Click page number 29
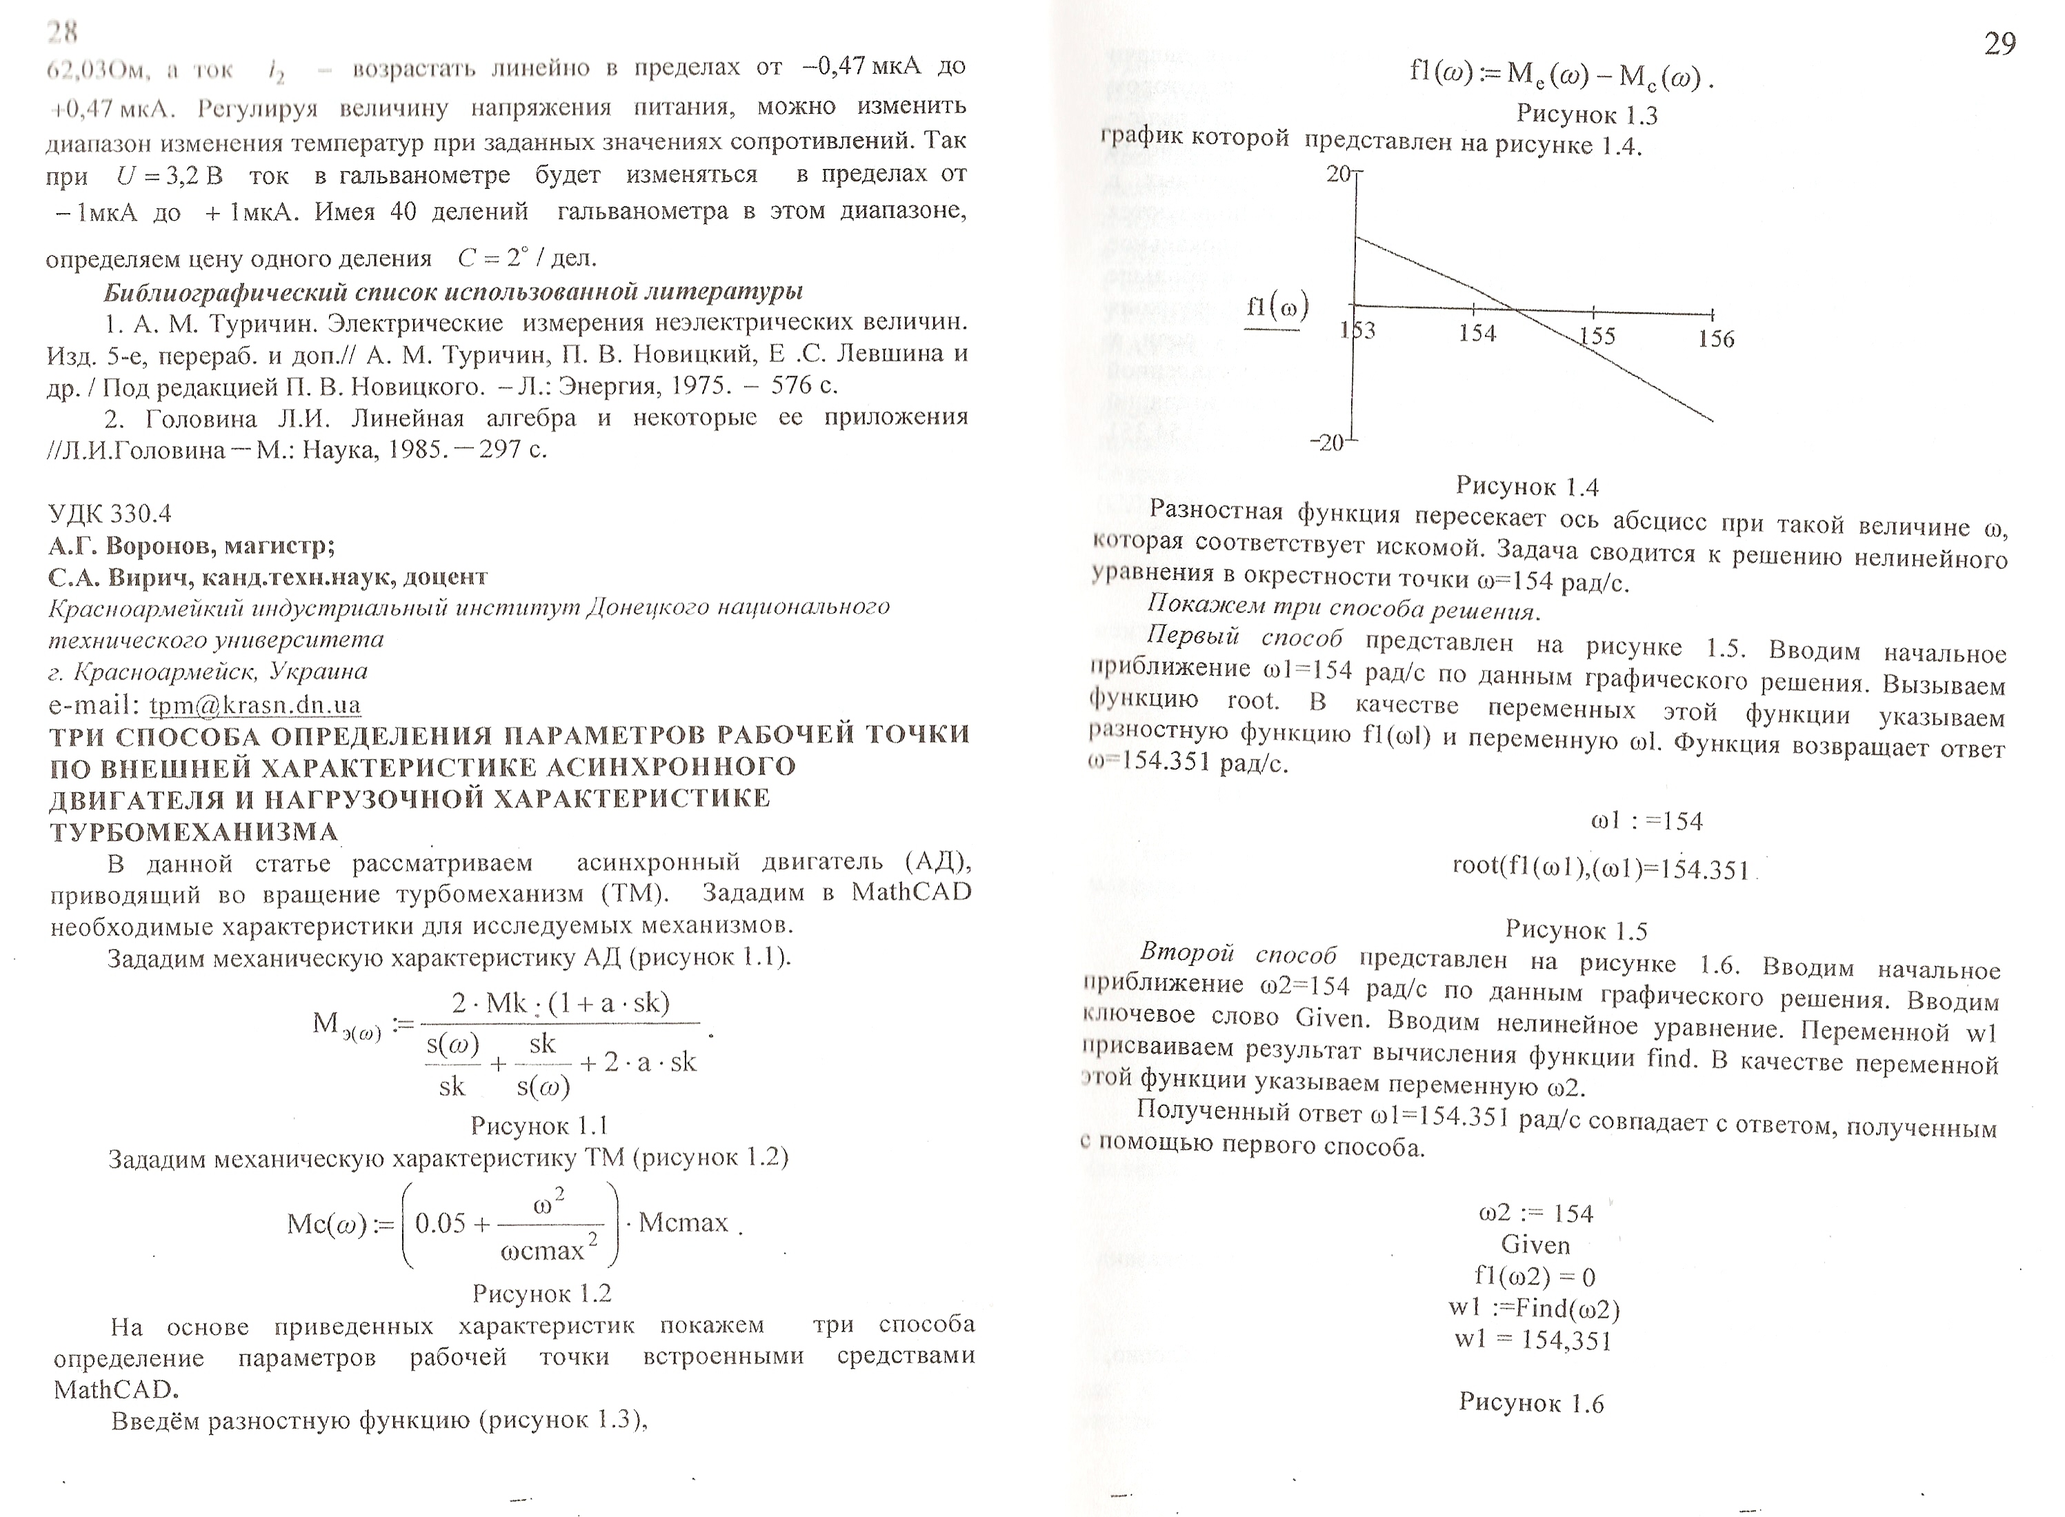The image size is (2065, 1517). click(x=1999, y=43)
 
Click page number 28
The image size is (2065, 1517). click(x=63, y=33)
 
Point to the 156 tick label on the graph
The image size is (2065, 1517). click(x=1716, y=339)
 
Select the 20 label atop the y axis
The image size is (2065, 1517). click(x=1339, y=174)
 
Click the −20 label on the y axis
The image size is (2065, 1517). click(x=1326, y=443)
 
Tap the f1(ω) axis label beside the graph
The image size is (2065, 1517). click(x=1277, y=308)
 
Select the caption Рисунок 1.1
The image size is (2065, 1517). click(x=539, y=1125)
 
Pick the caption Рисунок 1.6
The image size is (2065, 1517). click(x=1530, y=1403)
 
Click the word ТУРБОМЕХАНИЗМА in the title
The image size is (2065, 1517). click(x=194, y=832)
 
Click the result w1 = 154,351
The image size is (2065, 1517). click(x=1533, y=1340)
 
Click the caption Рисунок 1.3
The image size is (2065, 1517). click(x=1586, y=114)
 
